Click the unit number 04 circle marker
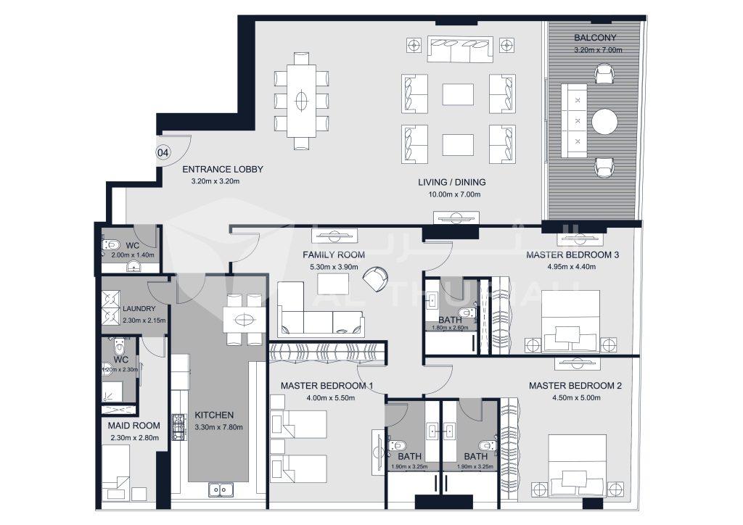164,153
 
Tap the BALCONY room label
595,37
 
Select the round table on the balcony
604,122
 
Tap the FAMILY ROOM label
334,255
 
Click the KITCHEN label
214,416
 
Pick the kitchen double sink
221,491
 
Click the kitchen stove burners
177,426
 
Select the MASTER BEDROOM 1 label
327,386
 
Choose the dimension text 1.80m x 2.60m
450,327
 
